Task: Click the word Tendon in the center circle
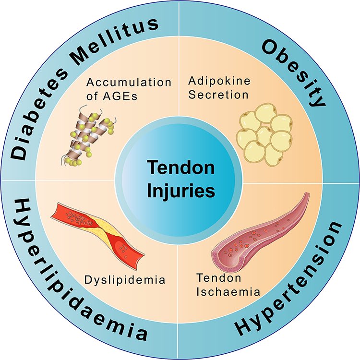pos(180,168)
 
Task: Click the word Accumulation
pos(129,82)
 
